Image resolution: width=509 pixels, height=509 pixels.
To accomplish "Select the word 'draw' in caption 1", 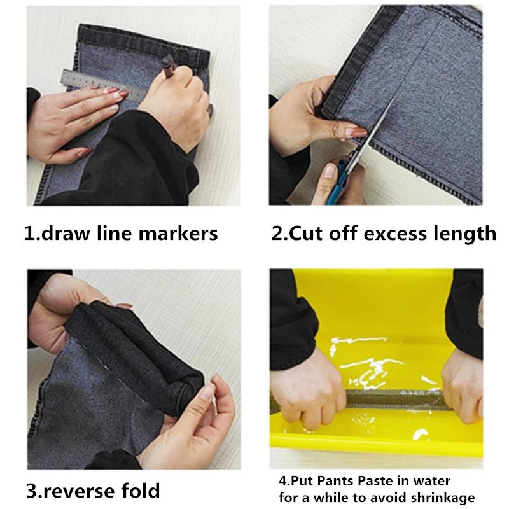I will click(x=71, y=233).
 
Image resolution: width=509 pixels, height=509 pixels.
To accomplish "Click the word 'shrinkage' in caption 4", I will click(x=453, y=497).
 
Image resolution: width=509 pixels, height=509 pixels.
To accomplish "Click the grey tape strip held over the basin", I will click(x=388, y=400).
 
